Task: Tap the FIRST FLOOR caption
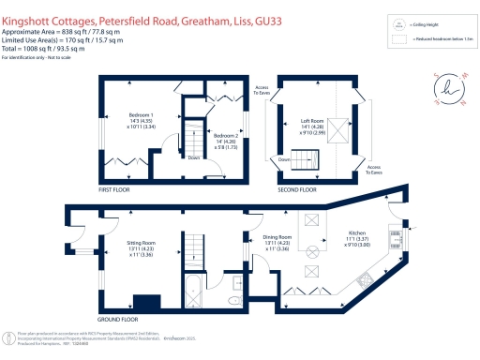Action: [117, 188]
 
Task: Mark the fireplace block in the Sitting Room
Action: [147, 304]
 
